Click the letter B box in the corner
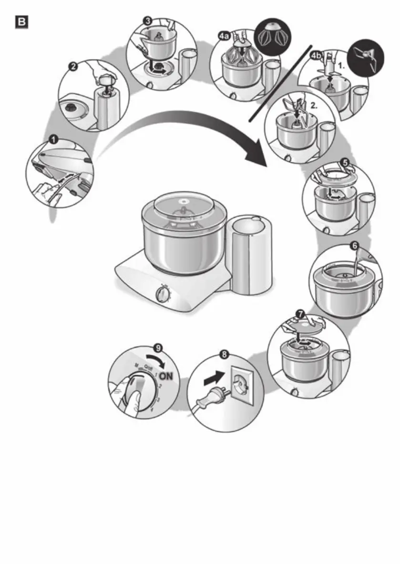[22, 22]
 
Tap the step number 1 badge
[53, 139]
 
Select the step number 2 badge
[73, 67]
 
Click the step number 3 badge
[148, 20]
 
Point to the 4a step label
[223, 35]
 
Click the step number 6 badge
[354, 246]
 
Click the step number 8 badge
[224, 355]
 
